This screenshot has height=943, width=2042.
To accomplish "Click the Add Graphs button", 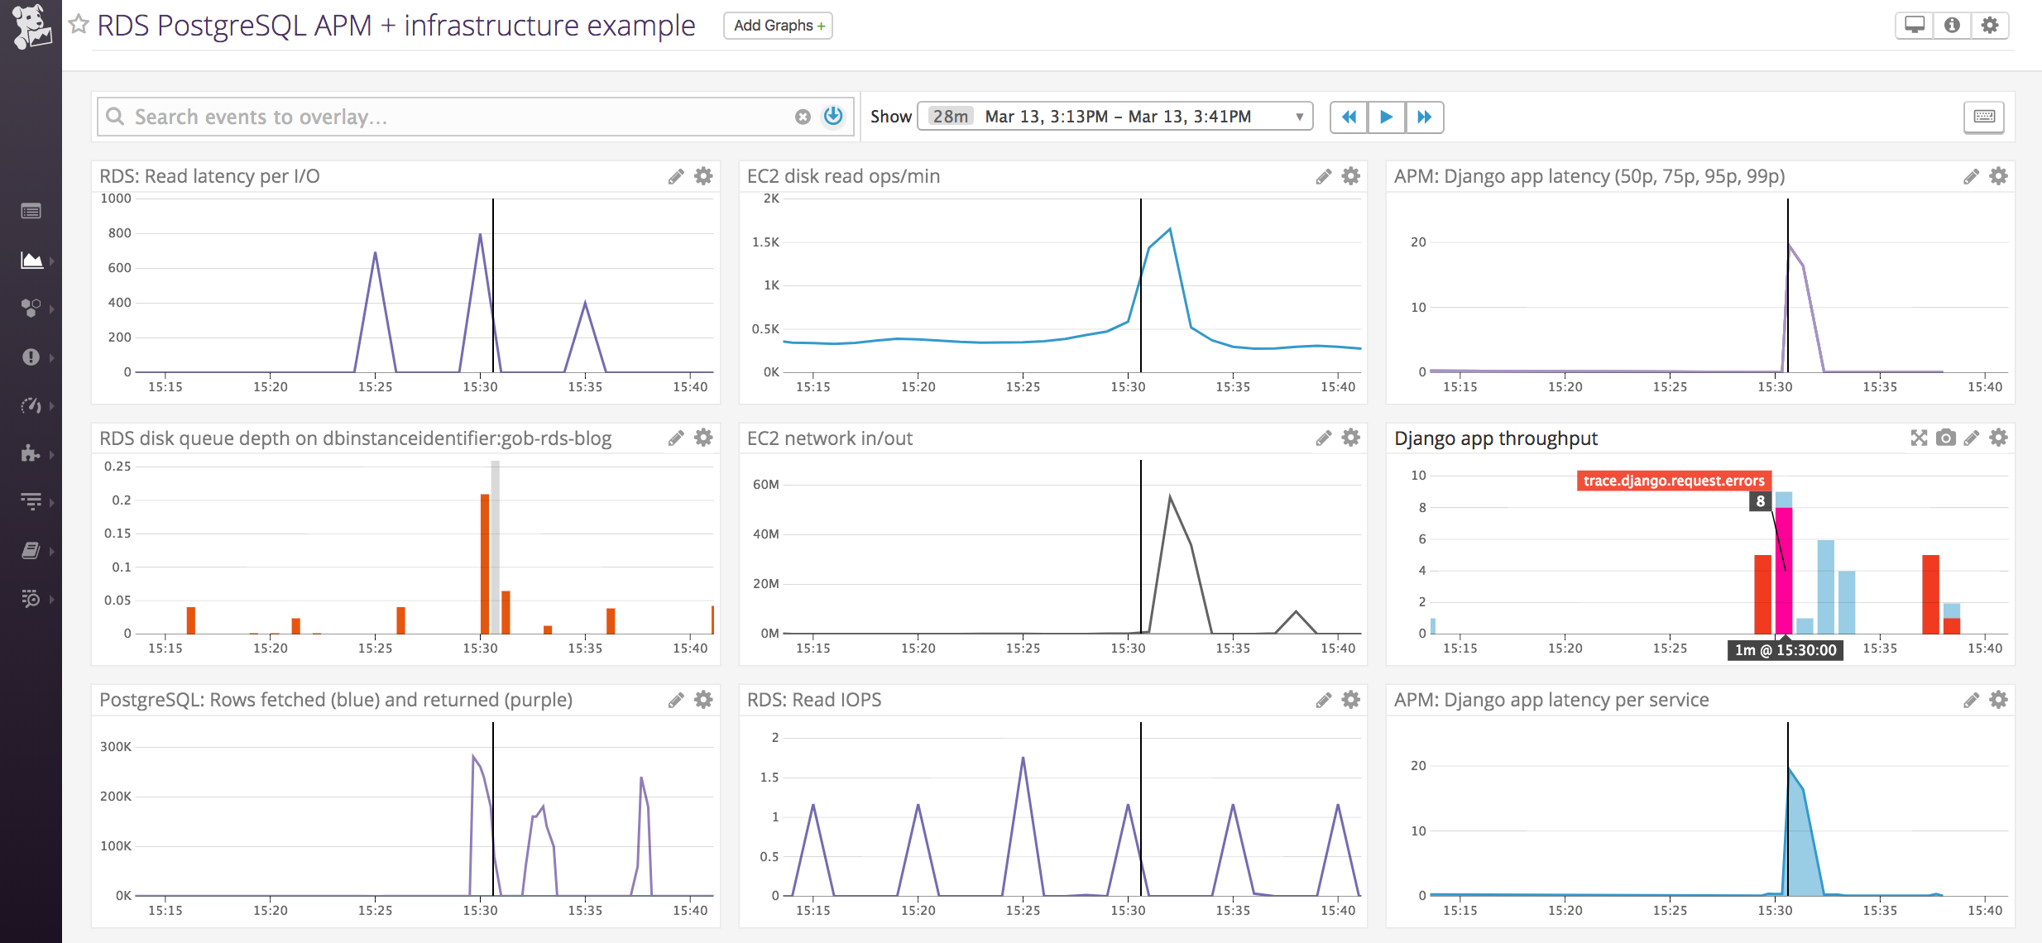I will (778, 26).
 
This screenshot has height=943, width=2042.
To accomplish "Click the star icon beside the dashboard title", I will (79, 25).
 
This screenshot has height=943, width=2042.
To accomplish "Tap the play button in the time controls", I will (1386, 117).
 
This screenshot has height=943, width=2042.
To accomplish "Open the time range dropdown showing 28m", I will (1114, 117).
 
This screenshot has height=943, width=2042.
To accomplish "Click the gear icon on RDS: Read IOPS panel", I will (1350, 700).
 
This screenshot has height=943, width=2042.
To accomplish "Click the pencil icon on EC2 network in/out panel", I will (1323, 438).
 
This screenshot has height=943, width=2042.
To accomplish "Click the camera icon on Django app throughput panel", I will (1946, 438).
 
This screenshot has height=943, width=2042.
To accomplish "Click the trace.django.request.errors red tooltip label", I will (1673, 481).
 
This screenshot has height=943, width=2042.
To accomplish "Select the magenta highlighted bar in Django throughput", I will (1784, 571).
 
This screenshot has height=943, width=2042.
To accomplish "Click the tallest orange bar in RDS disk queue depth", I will (485, 562).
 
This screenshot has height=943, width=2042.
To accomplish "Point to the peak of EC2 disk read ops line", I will (1169, 229).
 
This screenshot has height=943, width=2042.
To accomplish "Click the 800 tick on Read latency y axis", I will (120, 233).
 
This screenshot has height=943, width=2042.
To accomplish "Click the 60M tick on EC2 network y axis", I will (765, 485).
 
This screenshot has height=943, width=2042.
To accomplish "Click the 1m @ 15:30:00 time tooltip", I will (1785, 650).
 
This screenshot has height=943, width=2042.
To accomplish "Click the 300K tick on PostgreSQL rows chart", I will (116, 747).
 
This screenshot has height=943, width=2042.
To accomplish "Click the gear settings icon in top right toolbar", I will (1990, 26).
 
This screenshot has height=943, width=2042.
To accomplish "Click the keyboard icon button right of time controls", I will (1983, 117).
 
